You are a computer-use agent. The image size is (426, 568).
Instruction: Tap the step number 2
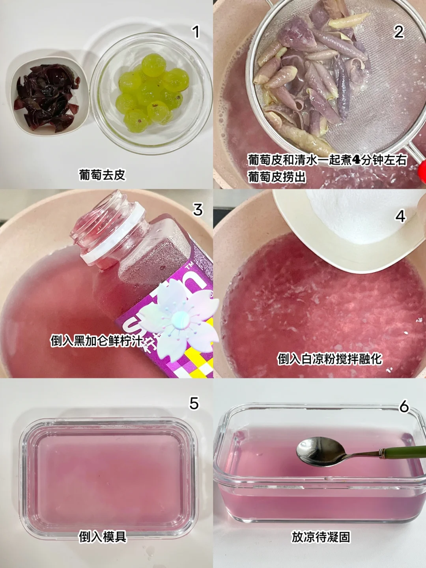coord(399,32)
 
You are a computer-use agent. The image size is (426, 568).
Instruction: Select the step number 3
coord(198,210)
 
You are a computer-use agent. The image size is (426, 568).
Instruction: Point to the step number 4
coord(400,216)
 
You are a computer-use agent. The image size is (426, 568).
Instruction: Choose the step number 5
coord(194,403)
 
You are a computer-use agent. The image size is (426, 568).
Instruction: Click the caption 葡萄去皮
coord(103,175)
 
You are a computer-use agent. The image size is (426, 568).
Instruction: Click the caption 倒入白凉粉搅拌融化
coord(330,359)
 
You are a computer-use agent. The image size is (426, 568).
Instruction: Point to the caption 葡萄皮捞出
coord(277,177)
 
